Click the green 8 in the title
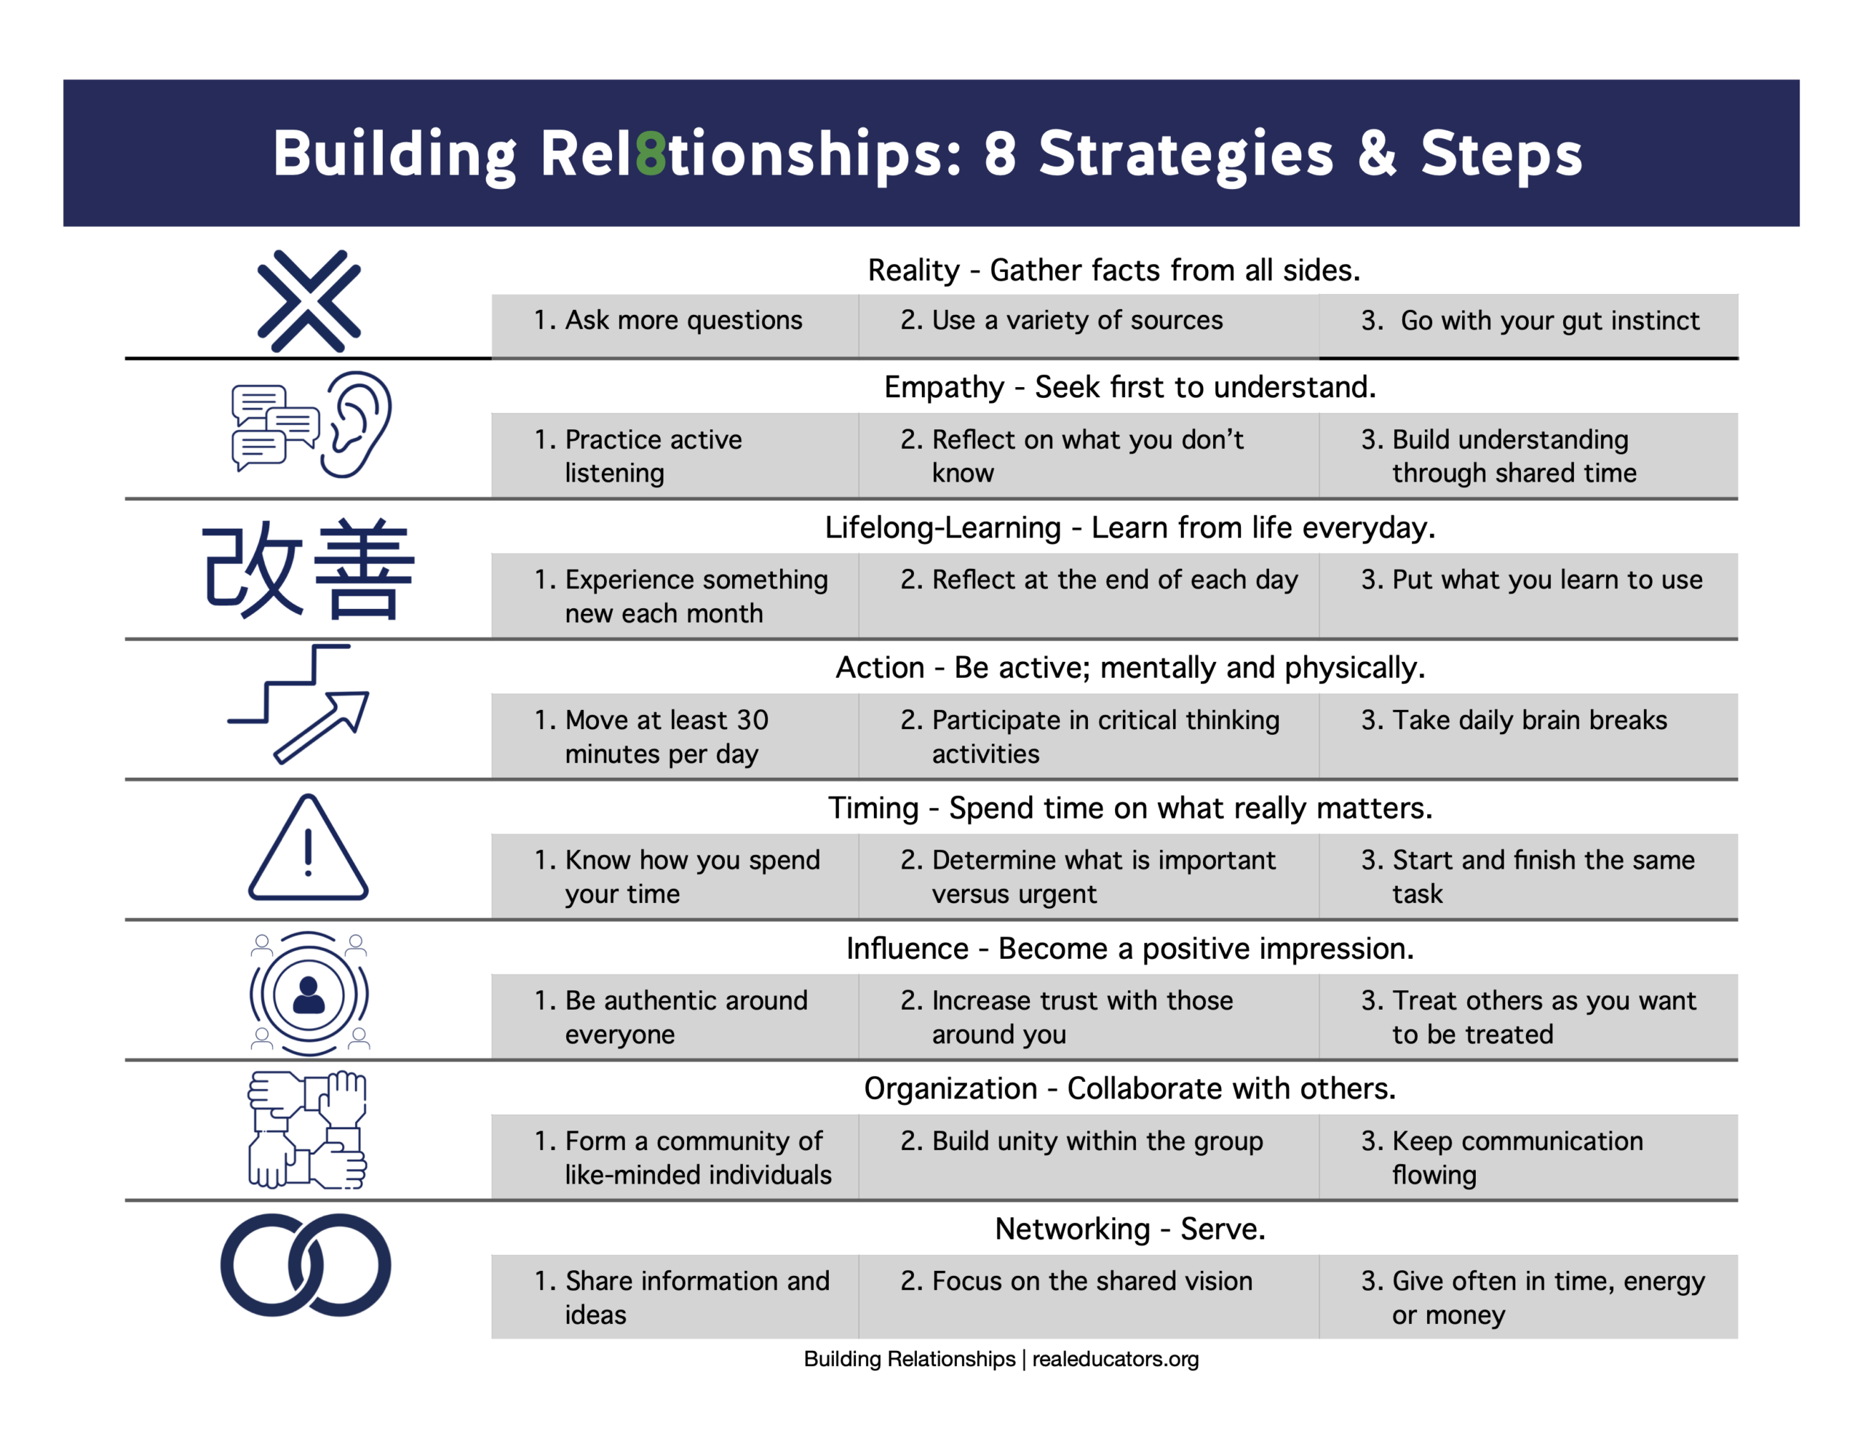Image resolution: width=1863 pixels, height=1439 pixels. tap(651, 154)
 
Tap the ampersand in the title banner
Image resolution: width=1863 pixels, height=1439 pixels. tap(1376, 154)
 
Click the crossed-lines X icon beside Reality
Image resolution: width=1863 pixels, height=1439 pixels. tap(309, 301)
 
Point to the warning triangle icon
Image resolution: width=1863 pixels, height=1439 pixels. tap(308, 850)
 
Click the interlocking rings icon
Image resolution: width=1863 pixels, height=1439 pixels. tap(306, 1265)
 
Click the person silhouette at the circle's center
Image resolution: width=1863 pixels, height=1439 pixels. tap(308, 994)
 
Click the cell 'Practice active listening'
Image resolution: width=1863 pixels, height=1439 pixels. tap(674, 455)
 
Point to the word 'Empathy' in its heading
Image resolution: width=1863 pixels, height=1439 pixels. tap(943, 387)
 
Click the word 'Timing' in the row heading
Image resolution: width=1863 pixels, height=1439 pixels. tap(873, 808)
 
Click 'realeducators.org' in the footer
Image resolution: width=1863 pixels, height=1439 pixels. tap(1115, 1359)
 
